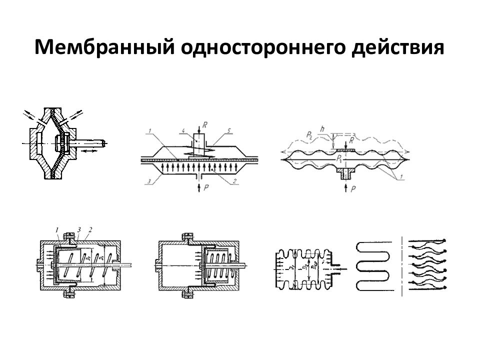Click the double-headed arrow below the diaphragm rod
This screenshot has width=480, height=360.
coord(90,149)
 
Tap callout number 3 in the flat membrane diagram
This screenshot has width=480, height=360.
coord(148,183)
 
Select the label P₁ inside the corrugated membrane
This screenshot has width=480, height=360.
coord(340,159)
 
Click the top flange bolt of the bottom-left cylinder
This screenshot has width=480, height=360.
coord(66,235)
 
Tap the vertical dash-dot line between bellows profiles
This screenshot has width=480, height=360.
coord(402,265)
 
